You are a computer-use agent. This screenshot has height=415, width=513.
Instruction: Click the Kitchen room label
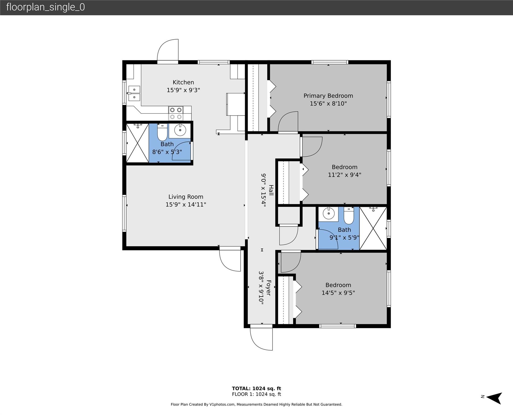(183, 82)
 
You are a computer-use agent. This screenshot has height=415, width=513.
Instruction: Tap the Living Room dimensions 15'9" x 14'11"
(186, 205)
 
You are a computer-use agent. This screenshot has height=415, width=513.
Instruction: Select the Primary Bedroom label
(328, 96)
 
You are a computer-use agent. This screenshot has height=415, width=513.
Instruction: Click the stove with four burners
(176, 113)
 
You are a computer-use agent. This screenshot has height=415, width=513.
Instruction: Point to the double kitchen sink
(134, 93)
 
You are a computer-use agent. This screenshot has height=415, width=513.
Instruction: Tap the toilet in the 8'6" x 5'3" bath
(162, 132)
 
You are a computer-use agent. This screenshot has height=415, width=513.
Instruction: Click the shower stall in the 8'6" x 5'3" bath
(137, 143)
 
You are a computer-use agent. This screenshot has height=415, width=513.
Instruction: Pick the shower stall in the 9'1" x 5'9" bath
(373, 228)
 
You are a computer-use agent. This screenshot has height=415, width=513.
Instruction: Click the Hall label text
(271, 190)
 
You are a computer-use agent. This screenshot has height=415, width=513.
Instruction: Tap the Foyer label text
(268, 288)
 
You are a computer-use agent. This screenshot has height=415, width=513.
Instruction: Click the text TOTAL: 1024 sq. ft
(256, 389)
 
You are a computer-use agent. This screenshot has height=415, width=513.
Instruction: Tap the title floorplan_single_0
(45, 7)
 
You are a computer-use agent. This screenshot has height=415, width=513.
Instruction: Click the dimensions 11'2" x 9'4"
(345, 175)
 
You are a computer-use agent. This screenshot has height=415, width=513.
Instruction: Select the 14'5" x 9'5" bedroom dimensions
(338, 293)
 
